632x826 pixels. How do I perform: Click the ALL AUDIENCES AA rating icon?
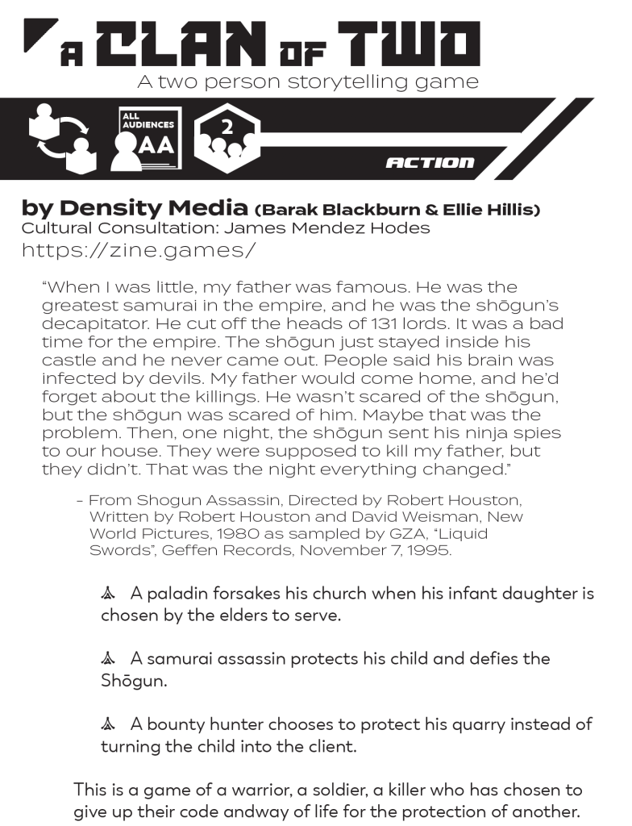coord(149,139)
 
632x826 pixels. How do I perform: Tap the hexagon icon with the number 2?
coord(227,138)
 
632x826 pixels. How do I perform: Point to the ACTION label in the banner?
coord(430,163)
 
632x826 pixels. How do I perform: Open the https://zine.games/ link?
coord(139,250)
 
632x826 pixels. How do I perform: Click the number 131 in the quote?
coord(358,324)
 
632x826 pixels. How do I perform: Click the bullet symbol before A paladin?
coord(109,594)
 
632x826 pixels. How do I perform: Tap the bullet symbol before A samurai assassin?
coord(109,659)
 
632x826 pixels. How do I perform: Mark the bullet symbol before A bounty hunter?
coord(109,724)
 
